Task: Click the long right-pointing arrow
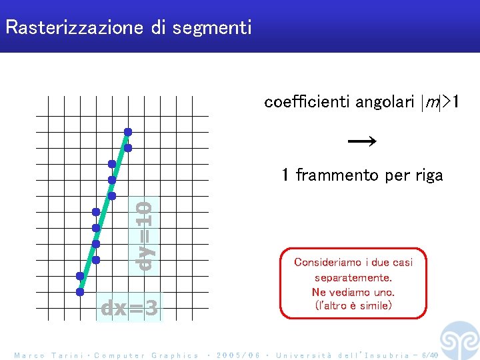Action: click(x=362, y=141)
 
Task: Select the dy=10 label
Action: click(x=144, y=235)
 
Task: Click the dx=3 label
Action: click(x=129, y=308)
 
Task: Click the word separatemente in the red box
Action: click(x=353, y=277)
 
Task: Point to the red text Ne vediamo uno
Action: click(x=353, y=292)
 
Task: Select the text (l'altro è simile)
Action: click(x=353, y=306)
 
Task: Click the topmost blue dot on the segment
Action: click(x=128, y=131)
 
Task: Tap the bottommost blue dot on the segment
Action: click(x=80, y=291)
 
